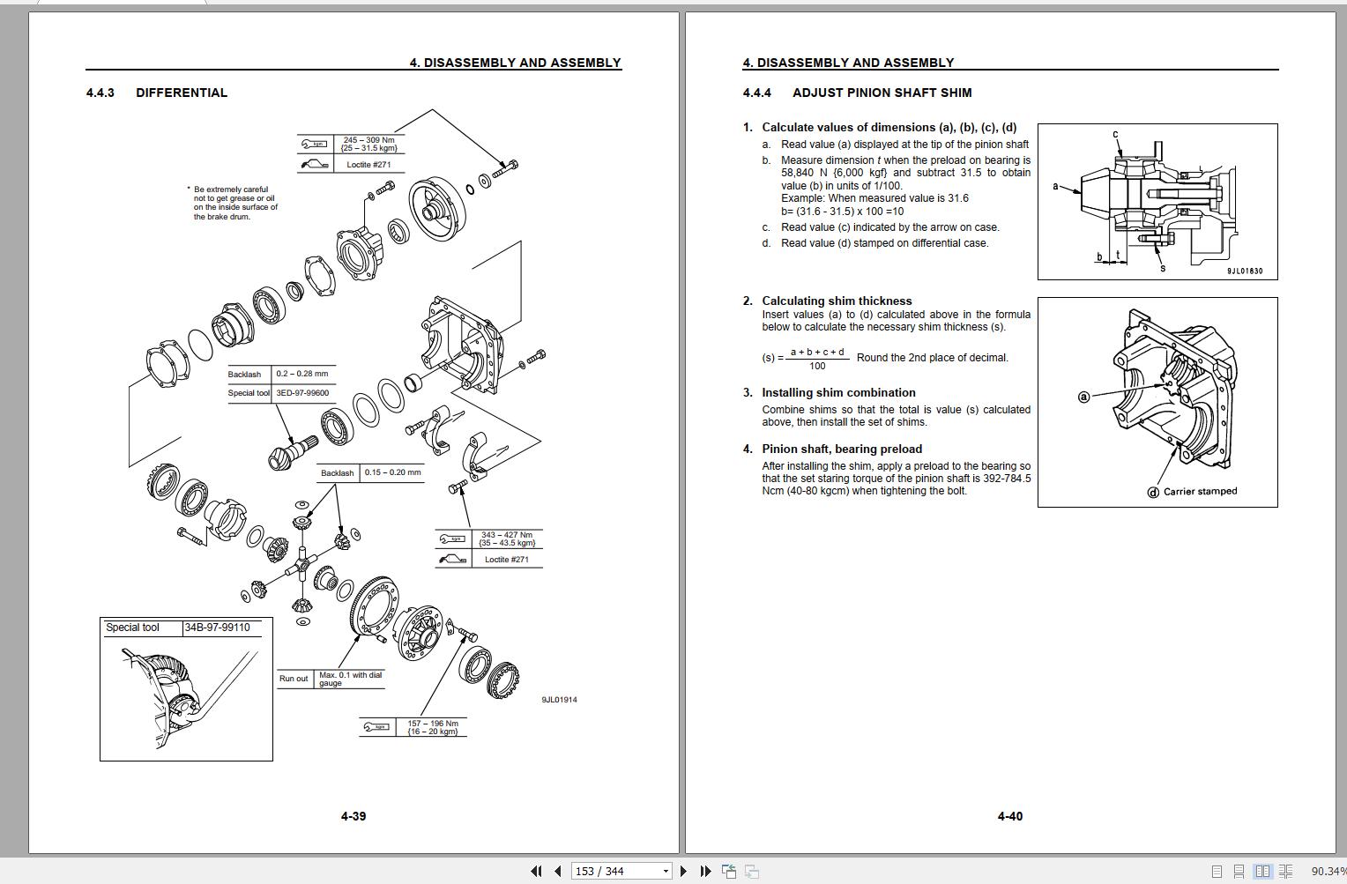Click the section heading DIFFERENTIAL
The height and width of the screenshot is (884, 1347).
(x=181, y=93)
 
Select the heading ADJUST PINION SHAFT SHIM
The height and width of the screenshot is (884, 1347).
(x=882, y=93)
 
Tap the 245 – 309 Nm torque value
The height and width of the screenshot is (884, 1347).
(x=368, y=140)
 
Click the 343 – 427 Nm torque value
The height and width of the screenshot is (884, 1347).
(x=506, y=535)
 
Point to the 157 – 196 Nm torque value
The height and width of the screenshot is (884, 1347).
(x=432, y=724)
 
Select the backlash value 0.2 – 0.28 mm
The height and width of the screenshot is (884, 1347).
(x=302, y=374)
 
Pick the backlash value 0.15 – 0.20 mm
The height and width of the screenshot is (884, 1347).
(x=392, y=472)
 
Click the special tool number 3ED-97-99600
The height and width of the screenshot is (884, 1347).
(x=302, y=393)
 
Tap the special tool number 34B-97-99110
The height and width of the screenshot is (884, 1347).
(x=217, y=628)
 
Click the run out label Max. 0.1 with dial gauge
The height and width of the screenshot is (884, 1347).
(x=350, y=679)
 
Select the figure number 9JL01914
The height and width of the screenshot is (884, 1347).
(x=559, y=700)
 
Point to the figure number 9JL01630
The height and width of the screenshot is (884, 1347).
(x=1244, y=271)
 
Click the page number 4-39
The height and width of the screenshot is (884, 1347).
(x=353, y=816)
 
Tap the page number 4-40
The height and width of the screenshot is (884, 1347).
(x=1010, y=816)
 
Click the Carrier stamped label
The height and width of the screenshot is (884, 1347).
(x=1200, y=492)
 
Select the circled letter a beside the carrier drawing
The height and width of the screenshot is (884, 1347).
(x=1084, y=397)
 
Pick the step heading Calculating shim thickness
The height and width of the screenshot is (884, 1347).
(x=837, y=301)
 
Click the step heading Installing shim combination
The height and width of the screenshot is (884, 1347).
(x=838, y=392)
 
